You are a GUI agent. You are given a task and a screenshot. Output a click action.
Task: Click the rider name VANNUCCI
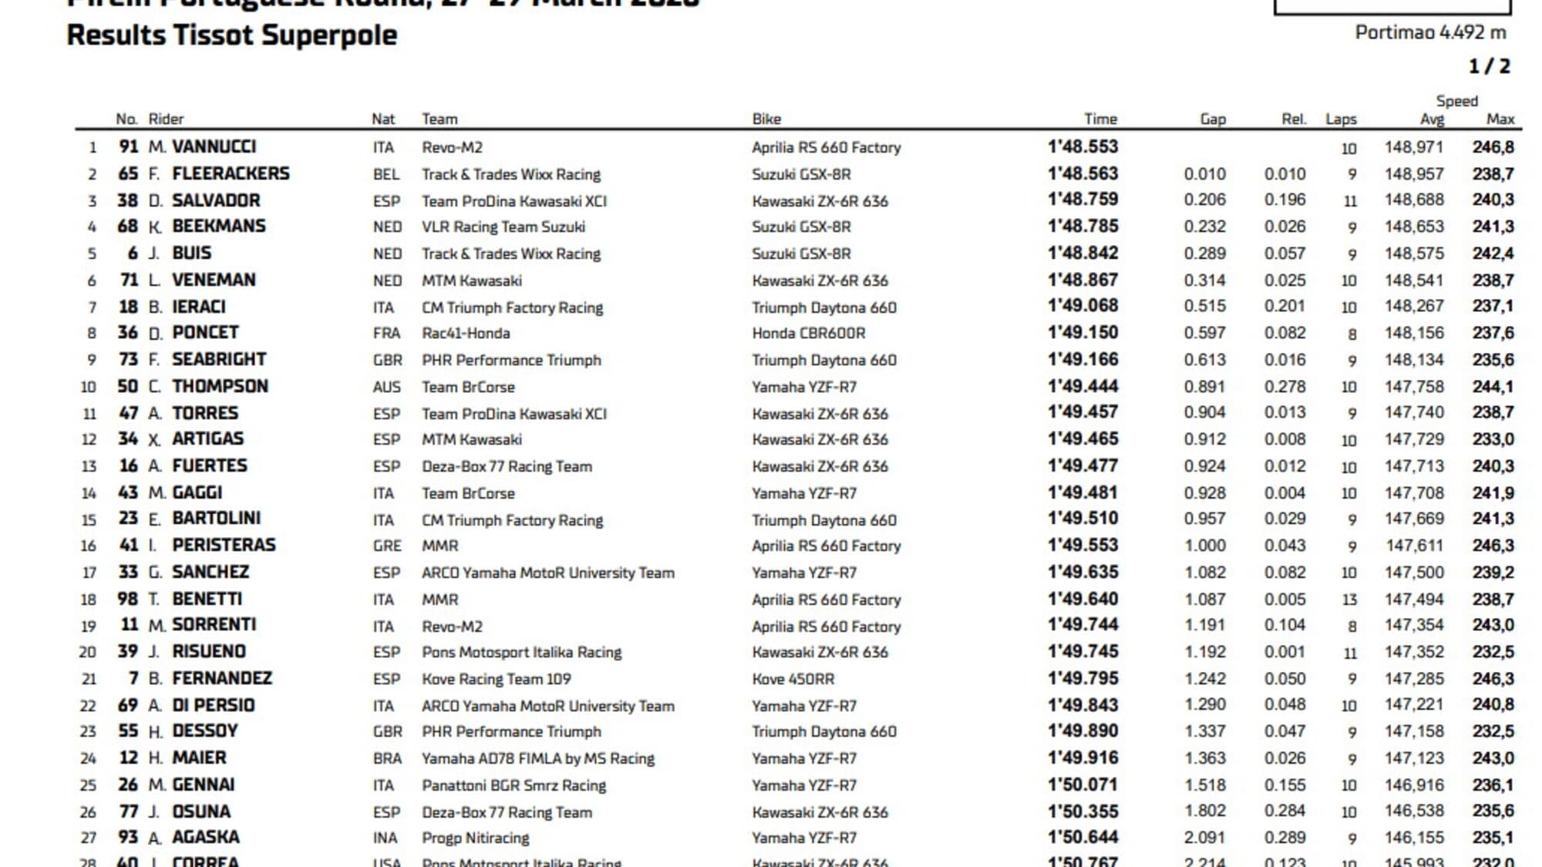[x=214, y=146]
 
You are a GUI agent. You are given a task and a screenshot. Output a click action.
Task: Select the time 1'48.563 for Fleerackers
[x=1082, y=174]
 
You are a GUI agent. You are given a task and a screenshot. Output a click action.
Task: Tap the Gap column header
[x=1212, y=119]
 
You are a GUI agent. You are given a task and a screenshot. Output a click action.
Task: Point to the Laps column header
[x=1341, y=119]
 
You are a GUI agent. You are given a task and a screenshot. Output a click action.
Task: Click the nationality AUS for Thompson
[x=386, y=387]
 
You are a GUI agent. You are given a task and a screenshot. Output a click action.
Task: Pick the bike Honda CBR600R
[x=808, y=333]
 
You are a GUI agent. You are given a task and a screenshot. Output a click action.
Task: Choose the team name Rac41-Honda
[x=465, y=333]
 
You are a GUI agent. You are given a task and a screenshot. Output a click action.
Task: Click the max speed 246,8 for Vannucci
[x=1493, y=146]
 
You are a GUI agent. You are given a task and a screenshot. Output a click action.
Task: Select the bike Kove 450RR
[x=793, y=679]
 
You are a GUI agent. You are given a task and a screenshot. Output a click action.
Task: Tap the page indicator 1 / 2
[x=1489, y=66]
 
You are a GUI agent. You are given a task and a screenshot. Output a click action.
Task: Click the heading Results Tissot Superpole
[x=231, y=35]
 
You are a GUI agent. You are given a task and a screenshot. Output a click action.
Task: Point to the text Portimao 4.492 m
[x=1430, y=32]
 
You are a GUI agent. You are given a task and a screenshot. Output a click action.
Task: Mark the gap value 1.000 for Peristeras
[x=1204, y=546]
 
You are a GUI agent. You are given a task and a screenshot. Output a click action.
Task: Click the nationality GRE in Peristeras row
[x=387, y=546]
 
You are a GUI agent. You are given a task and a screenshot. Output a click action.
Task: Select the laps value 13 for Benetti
[x=1348, y=600]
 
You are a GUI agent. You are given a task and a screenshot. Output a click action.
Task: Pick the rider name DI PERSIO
[x=213, y=705]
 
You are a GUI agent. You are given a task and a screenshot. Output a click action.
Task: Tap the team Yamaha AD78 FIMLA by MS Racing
[x=537, y=758]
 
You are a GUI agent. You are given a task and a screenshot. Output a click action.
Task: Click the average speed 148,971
[x=1413, y=146]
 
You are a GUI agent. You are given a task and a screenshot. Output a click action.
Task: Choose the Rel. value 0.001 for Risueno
[x=1284, y=652]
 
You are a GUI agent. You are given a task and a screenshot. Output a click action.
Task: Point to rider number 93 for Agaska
[x=128, y=837]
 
